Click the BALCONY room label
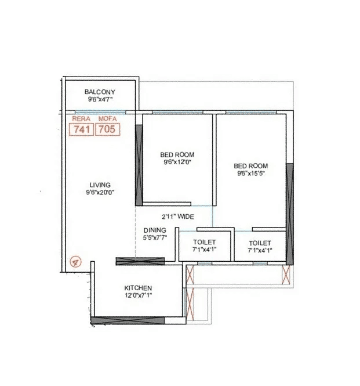tap(100, 92)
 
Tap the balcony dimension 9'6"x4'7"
tap(100, 99)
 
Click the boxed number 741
tap(81, 129)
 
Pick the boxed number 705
tap(107, 129)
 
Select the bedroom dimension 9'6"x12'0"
tap(177, 163)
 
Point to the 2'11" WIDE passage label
tap(177, 217)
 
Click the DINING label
tap(154, 230)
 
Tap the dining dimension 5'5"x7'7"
tap(154, 237)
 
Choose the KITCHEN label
tap(138, 288)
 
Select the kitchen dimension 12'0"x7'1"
tap(138, 295)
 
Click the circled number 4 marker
tap(74, 261)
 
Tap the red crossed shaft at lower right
tap(285, 275)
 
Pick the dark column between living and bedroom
tap(139, 165)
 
